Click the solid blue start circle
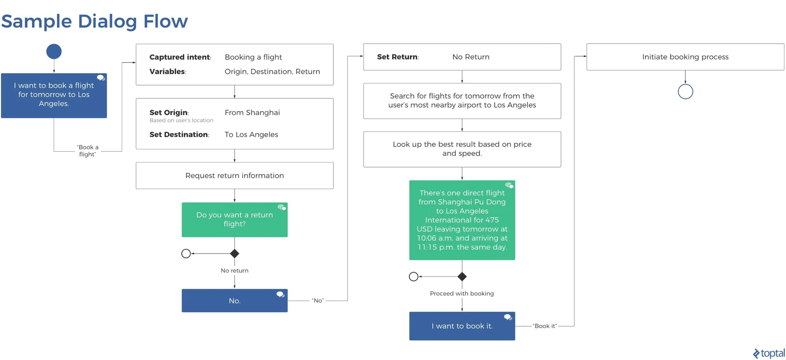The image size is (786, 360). click(x=54, y=52)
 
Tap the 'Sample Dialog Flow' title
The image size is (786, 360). click(x=94, y=22)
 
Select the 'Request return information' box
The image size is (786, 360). click(x=234, y=175)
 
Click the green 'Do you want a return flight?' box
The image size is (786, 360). click(x=234, y=220)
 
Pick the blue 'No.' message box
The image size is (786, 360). click(x=234, y=301)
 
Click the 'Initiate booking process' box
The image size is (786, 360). click(x=685, y=57)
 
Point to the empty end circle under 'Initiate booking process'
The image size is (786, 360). click(x=685, y=84)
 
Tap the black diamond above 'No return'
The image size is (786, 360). click(x=234, y=253)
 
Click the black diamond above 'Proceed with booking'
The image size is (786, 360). click(x=462, y=277)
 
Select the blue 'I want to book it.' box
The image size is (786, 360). click(x=462, y=326)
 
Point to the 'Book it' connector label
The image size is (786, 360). click(x=545, y=326)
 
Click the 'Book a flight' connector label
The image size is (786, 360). click(x=87, y=151)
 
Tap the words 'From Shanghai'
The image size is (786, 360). click(x=253, y=112)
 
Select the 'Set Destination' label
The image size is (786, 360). click(x=179, y=135)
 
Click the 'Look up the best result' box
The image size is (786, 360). click(x=462, y=149)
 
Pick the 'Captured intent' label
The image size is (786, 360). click(x=180, y=57)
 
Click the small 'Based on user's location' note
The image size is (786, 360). click(x=181, y=120)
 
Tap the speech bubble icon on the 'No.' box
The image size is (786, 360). click(x=281, y=294)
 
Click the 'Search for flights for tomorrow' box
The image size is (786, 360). click(x=462, y=101)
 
